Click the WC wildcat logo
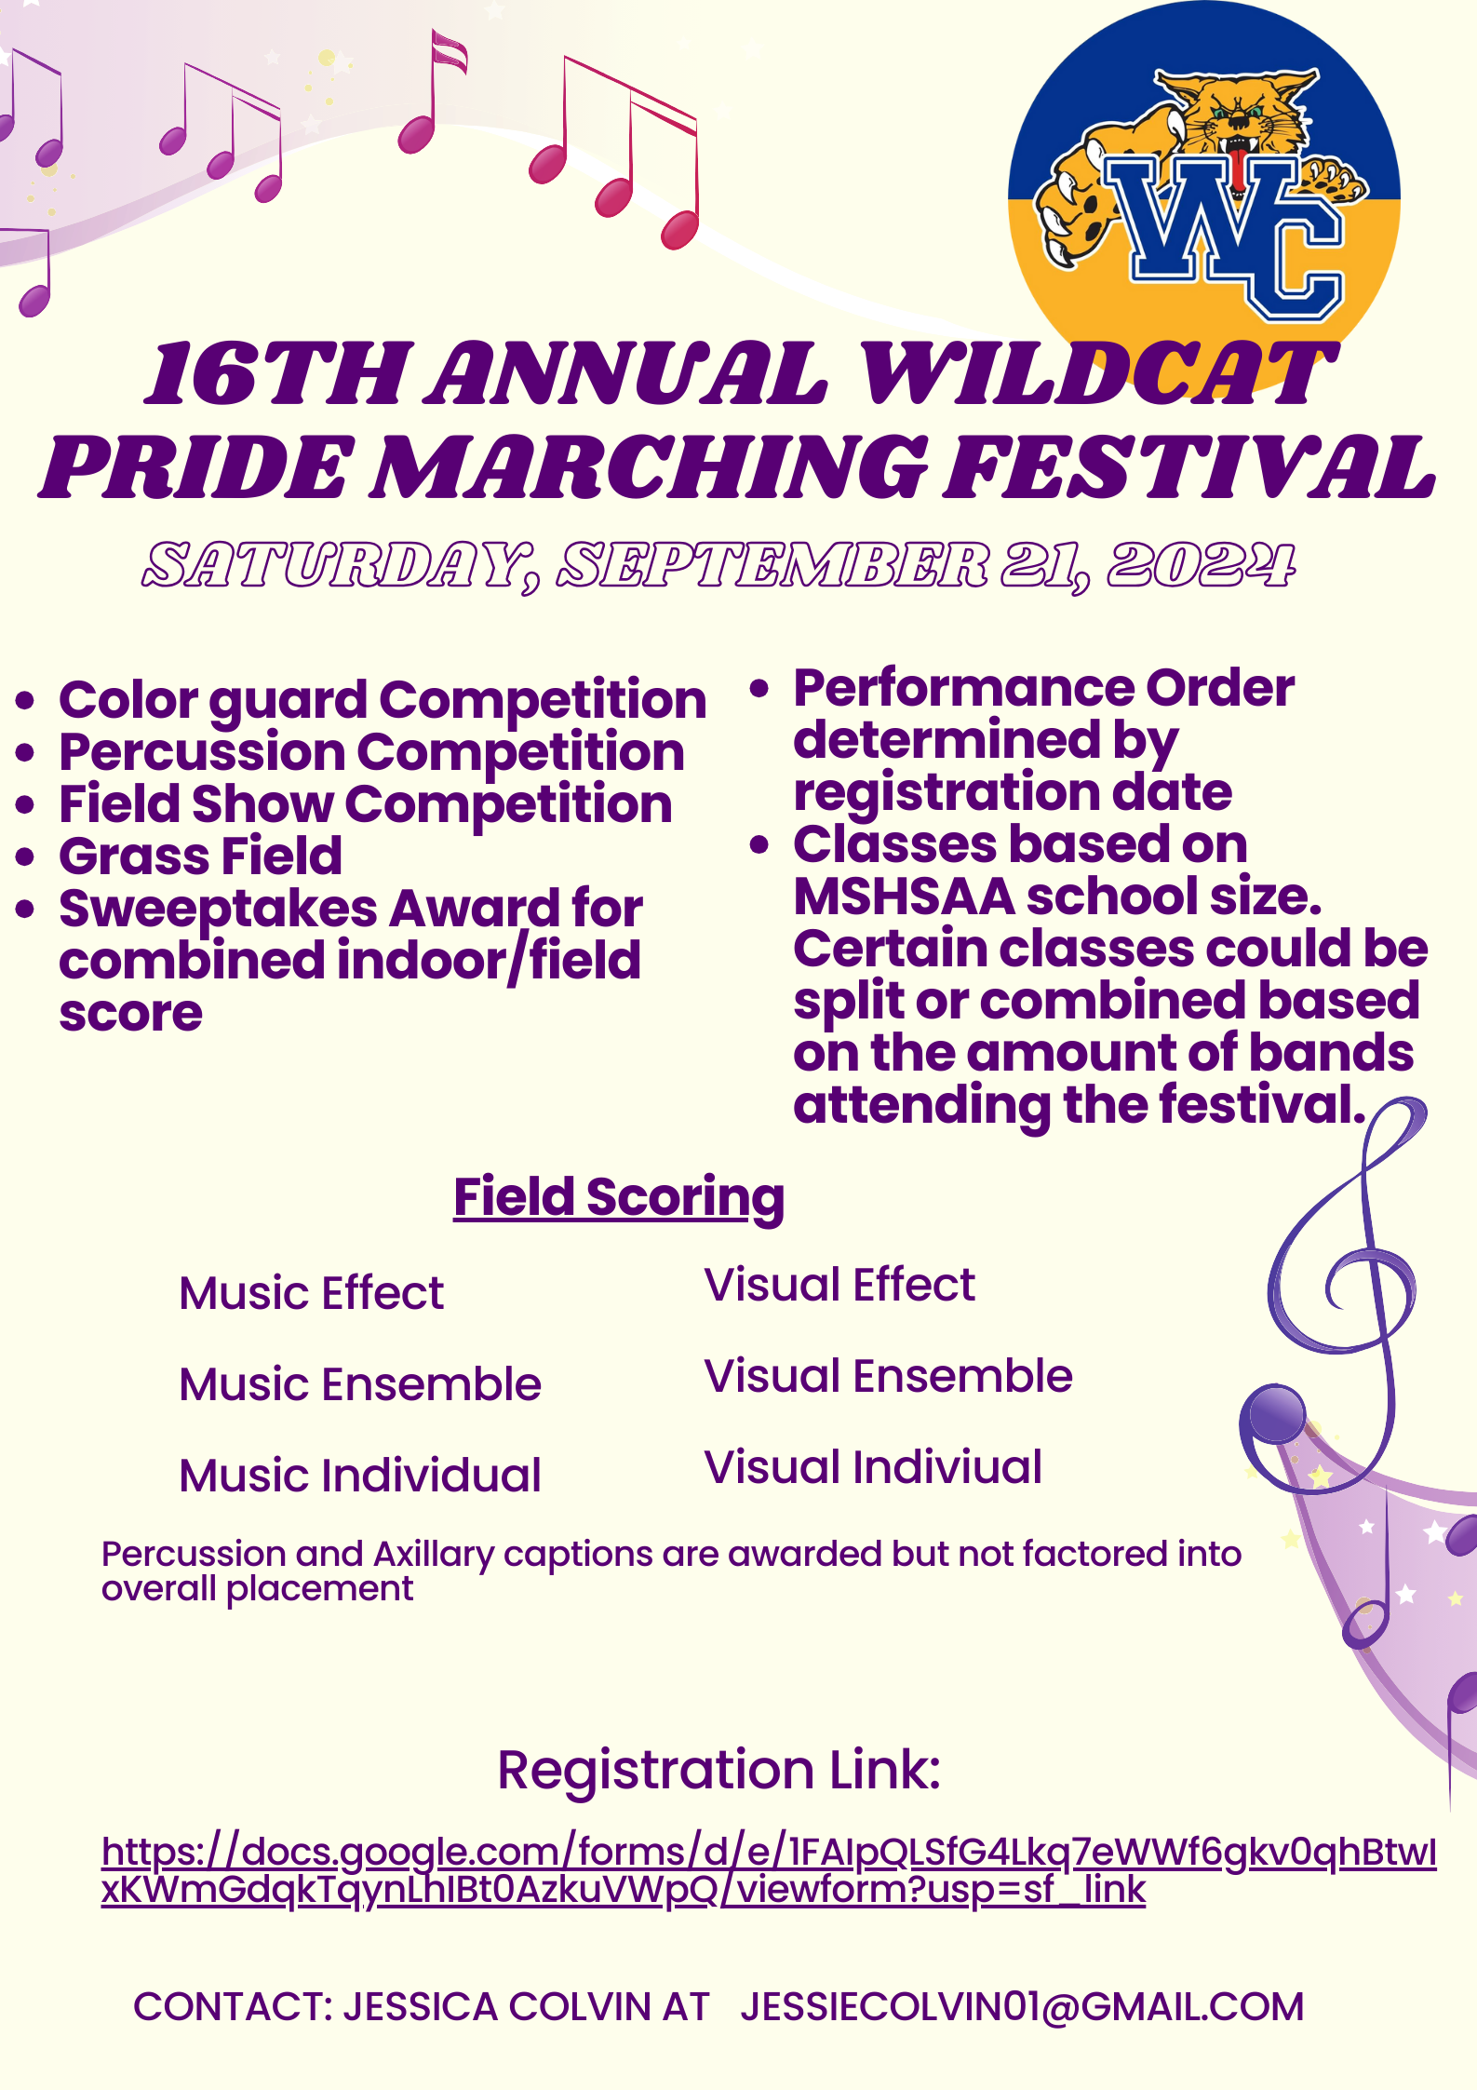(1203, 186)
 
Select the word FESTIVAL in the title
(1189, 467)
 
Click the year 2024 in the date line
(1201, 565)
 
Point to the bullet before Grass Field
(25, 857)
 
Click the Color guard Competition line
(383, 701)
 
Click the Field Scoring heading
(619, 1197)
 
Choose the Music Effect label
(312, 1293)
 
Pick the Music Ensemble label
(360, 1384)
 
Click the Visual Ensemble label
(888, 1376)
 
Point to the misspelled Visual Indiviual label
(873, 1467)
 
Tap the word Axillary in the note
(434, 1555)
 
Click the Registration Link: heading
(719, 1770)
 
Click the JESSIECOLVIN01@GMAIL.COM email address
(1022, 2007)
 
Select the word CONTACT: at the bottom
(234, 2007)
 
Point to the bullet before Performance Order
(759, 689)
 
